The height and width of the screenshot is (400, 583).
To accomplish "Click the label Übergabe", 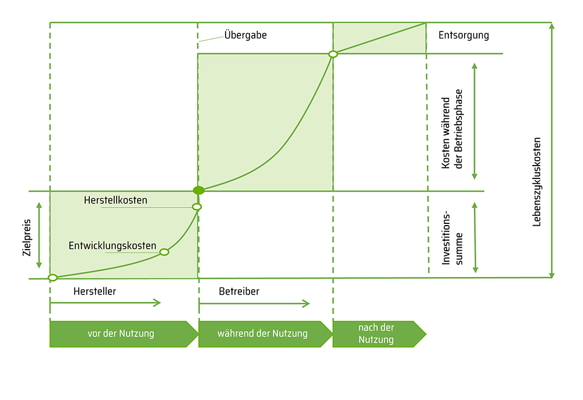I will [x=245, y=35].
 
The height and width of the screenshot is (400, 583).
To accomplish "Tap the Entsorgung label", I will [x=463, y=35].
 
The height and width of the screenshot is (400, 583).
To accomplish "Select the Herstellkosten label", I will [x=115, y=200].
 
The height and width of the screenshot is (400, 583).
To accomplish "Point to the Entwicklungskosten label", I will [x=113, y=246].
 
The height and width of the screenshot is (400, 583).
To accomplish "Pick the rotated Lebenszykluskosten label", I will [x=537, y=181].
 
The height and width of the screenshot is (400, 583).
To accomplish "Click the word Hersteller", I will [x=94, y=292].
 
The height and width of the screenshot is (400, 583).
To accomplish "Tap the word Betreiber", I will [x=239, y=292].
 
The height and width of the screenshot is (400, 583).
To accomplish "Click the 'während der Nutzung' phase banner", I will [x=264, y=334].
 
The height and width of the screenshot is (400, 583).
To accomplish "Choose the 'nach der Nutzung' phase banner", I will [x=377, y=334].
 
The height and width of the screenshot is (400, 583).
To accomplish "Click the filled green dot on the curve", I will [x=198, y=190].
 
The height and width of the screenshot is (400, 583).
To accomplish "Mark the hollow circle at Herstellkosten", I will [x=197, y=206].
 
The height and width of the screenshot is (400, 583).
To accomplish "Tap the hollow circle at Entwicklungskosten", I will [x=164, y=252].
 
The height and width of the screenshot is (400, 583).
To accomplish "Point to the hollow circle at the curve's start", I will [x=52, y=278].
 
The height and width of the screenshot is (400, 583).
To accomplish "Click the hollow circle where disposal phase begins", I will [x=333, y=54].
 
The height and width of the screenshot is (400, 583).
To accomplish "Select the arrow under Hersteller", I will [x=105, y=303].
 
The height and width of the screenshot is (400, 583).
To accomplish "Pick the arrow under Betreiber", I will [x=254, y=303].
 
